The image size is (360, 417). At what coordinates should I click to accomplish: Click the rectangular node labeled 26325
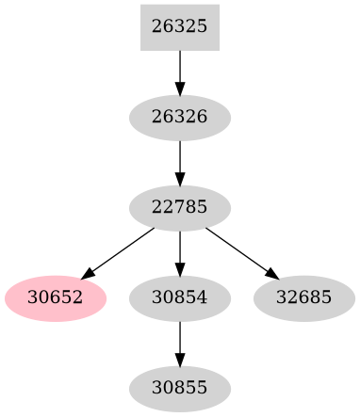[x=179, y=27]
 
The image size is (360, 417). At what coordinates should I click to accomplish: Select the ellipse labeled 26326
[x=179, y=118]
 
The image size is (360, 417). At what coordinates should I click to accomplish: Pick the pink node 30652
[x=56, y=298]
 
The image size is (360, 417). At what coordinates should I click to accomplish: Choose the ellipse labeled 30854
[x=179, y=298]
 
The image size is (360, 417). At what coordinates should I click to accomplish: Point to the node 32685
[x=303, y=298]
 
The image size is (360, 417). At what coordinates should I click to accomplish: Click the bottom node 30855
[x=179, y=388]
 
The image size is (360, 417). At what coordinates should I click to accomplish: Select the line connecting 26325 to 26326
[x=179, y=66]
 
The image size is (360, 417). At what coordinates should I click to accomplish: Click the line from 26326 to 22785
[x=179, y=156]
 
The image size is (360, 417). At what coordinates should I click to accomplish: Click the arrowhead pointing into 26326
[x=179, y=88]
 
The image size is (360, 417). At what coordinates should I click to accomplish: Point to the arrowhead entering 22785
[x=179, y=178]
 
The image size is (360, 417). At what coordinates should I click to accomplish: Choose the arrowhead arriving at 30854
[x=179, y=268]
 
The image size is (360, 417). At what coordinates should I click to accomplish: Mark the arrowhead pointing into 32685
[x=272, y=275]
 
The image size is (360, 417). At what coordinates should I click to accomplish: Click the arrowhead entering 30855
[x=179, y=359]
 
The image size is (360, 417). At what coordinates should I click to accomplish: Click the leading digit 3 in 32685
[x=281, y=298]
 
